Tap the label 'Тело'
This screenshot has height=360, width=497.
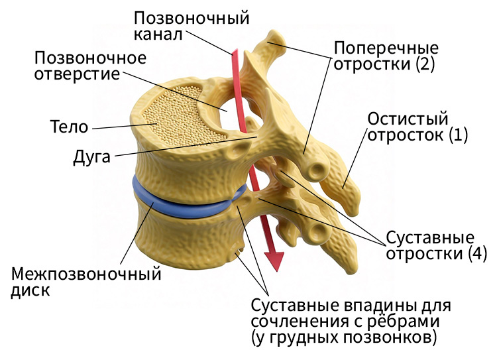(70, 127)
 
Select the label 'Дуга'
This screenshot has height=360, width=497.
(92, 156)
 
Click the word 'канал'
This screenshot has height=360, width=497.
(158, 34)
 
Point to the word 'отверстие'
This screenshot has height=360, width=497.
(78, 74)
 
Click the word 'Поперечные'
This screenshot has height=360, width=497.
(386, 48)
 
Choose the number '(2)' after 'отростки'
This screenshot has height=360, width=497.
(425, 64)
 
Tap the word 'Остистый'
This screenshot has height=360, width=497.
(408, 119)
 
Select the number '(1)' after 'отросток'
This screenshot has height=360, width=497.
(459, 135)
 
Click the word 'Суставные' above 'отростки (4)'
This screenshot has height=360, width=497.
(430, 237)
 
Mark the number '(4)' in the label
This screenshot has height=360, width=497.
(477, 253)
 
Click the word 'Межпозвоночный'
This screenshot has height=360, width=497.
(86, 274)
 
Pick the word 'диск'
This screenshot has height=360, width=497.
(30, 290)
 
